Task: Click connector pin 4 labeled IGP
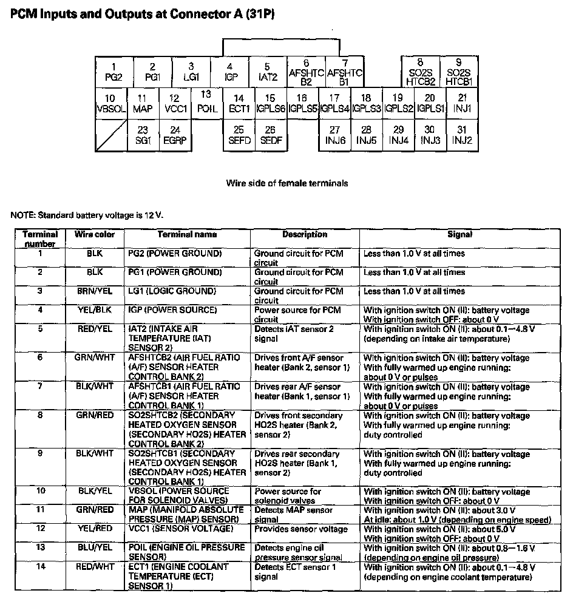[x=229, y=72]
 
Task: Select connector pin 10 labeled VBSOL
[x=110, y=104]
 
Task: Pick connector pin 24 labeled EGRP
[x=175, y=135]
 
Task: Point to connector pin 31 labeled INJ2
[x=462, y=135]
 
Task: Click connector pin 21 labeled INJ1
[x=462, y=104]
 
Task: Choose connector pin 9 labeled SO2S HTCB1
[x=458, y=72]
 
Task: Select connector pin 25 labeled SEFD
[x=239, y=135]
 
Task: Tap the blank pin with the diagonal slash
[x=110, y=135]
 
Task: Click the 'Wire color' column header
[x=94, y=234]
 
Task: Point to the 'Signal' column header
[x=459, y=234]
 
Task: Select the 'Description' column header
[x=304, y=234]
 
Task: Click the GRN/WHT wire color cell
[x=94, y=358]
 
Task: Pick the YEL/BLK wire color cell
[x=94, y=310]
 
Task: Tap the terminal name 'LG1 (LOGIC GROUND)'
[x=172, y=291]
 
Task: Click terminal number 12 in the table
[x=40, y=529]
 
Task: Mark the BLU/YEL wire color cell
[x=94, y=547]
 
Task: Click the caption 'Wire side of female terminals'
[x=287, y=183]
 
